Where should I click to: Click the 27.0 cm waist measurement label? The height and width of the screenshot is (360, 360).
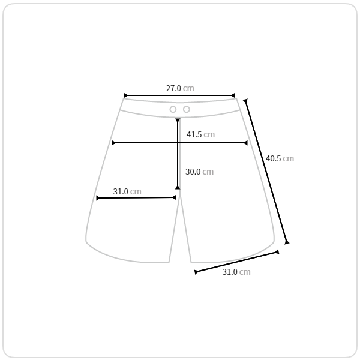tap(180, 88)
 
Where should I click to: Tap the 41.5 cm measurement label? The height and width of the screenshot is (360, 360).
tap(200, 134)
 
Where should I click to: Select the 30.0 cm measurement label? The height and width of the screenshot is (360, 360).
tap(200, 172)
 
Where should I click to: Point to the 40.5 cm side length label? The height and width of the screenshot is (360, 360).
tap(280, 158)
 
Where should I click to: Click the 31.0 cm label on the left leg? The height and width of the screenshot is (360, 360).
tap(127, 191)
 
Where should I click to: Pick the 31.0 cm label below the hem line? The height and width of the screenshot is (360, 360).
tap(236, 272)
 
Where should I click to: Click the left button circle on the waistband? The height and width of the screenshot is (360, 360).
tap(173, 110)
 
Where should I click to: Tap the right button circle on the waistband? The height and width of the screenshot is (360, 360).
tap(187, 110)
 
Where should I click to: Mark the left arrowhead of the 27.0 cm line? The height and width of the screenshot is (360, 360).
tap(125, 95)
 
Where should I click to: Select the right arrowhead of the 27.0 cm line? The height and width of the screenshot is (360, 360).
tap(233, 95)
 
